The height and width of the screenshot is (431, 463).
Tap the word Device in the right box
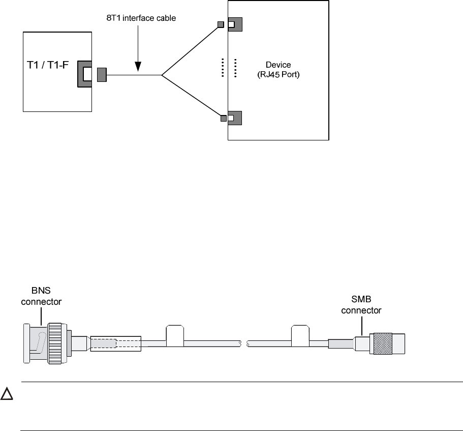pos(279,65)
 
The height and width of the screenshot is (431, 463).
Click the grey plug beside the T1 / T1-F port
pos(101,75)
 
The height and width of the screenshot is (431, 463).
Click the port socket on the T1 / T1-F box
pos(86,74)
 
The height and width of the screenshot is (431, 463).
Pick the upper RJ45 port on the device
pos(234,24)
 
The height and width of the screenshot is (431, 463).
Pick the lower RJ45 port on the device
pos(234,118)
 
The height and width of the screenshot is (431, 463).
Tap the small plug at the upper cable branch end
pos(221,25)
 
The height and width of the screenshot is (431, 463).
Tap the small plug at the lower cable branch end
pos(224,119)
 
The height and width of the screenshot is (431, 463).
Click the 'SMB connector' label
pos(361,305)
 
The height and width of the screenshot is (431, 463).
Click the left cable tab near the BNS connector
pos(174,334)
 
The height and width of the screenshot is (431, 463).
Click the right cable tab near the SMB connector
pos(299,334)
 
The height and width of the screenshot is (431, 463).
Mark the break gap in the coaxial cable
pos(244,344)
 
